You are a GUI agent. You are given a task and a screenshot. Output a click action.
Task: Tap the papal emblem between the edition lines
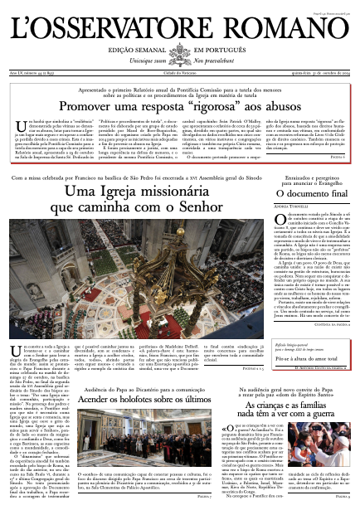click(x=180, y=56)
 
